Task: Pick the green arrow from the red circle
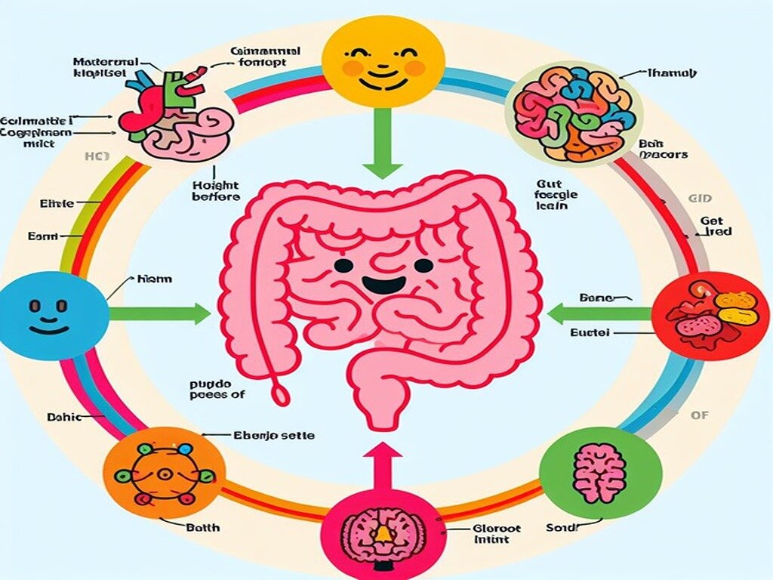coord(596,312)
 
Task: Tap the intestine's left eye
coord(343,265)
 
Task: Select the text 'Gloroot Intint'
coord(495,534)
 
